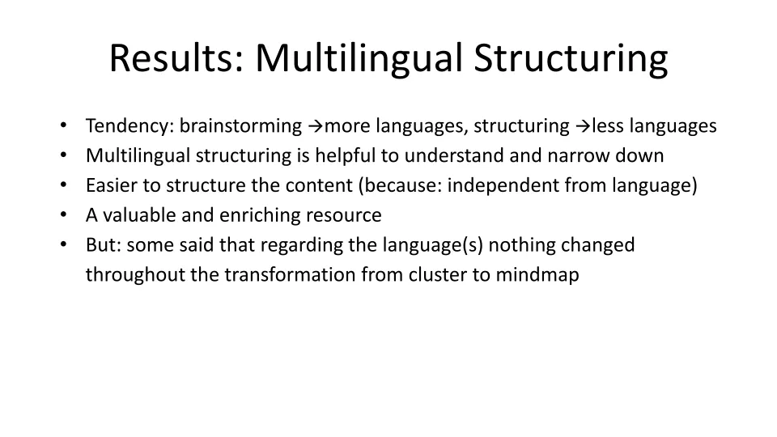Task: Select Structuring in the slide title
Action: (571, 59)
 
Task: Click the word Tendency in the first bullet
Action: (129, 126)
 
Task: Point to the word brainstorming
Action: (240, 126)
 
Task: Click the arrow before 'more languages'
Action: (316, 126)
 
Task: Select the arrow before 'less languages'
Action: (583, 126)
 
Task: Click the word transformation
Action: (290, 274)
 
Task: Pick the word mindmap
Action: (537, 275)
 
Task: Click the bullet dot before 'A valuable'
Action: (63, 214)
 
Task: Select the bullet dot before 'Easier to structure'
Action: (63, 185)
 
